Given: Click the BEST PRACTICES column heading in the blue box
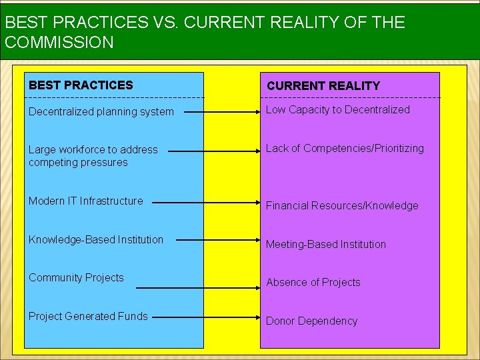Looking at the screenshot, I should [81, 85].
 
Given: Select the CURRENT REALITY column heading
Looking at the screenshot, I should [323, 86].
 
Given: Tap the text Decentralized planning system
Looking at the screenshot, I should [101, 111].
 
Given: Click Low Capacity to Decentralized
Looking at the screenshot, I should [338, 110].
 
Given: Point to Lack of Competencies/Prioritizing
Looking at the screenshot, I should [345, 149].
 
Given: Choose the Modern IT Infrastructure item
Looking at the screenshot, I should [85, 201].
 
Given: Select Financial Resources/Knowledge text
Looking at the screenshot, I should [342, 205].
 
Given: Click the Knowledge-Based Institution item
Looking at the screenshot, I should [95, 239].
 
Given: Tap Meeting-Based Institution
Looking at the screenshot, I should [326, 244].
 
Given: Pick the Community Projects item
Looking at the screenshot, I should [76, 277].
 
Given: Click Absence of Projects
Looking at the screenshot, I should [313, 282].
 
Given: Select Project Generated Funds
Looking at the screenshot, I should [88, 316].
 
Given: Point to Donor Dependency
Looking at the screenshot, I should [312, 321].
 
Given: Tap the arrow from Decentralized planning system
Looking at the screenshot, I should [223, 113].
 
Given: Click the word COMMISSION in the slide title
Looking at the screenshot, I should [59, 42].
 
